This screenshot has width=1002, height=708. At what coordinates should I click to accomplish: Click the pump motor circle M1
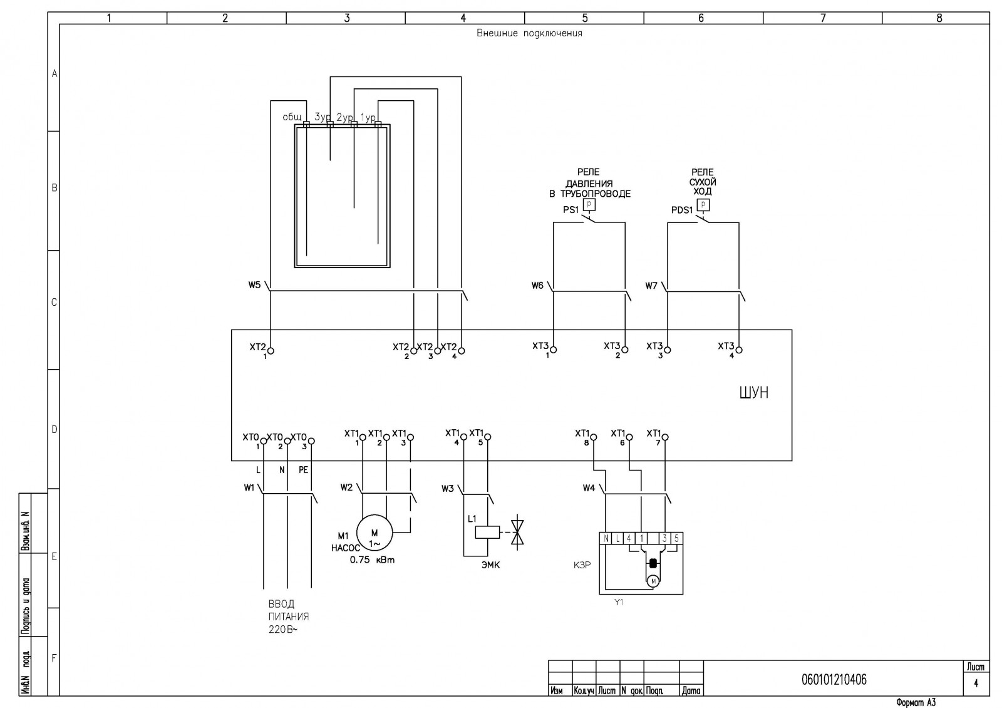tap(374, 533)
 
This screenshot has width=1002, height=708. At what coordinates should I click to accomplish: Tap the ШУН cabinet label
tap(754, 392)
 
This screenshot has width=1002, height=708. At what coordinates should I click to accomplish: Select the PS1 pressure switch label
tap(571, 209)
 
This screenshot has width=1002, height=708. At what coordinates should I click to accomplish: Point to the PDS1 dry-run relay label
tap(682, 210)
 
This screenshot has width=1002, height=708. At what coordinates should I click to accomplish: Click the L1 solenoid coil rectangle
tap(487, 532)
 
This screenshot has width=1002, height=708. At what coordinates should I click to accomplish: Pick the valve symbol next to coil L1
tap(517, 532)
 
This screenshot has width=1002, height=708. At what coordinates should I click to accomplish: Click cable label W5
tap(254, 285)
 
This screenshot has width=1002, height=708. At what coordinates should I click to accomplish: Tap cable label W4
tap(589, 488)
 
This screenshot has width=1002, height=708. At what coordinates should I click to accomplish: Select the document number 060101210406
tap(834, 680)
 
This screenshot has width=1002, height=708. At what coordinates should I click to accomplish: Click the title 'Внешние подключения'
tap(529, 33)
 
